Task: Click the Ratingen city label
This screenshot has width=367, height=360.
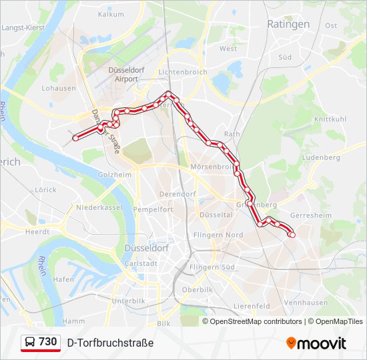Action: [288, 24]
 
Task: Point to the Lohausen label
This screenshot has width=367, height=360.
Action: [58, 87]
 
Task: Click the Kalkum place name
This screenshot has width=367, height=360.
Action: [110, 13]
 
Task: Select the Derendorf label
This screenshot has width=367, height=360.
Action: [176, 194]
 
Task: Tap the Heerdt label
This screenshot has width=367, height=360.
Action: [37, 231]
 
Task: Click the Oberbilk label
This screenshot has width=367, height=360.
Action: [197, 290]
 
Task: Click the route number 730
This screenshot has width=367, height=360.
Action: [47, 342]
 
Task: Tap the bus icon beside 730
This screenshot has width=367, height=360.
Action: [30, 343]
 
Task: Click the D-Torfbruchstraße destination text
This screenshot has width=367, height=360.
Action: [110, 343]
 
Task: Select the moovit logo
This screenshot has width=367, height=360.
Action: [316, 343]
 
